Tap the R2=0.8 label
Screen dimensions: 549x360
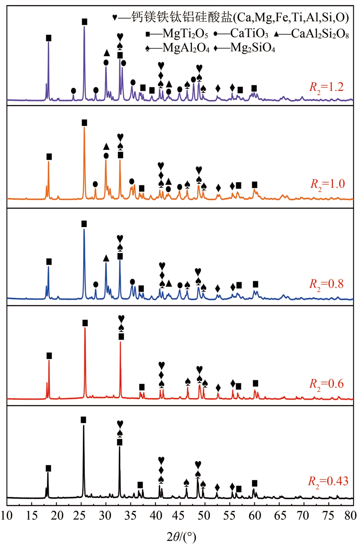pos(326,284)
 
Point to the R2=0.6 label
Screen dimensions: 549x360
pos(326,384)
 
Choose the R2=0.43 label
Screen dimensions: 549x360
pos(328,481)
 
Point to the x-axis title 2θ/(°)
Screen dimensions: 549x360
pos(182,536)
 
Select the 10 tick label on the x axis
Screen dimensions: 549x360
pos(7,515)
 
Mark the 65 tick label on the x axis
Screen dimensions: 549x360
pos(279,515)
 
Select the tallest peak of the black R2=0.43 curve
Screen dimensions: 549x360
pos(84,426)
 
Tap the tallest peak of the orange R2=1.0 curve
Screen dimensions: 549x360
pos(84,127)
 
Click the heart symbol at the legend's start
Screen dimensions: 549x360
pos(114,17)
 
